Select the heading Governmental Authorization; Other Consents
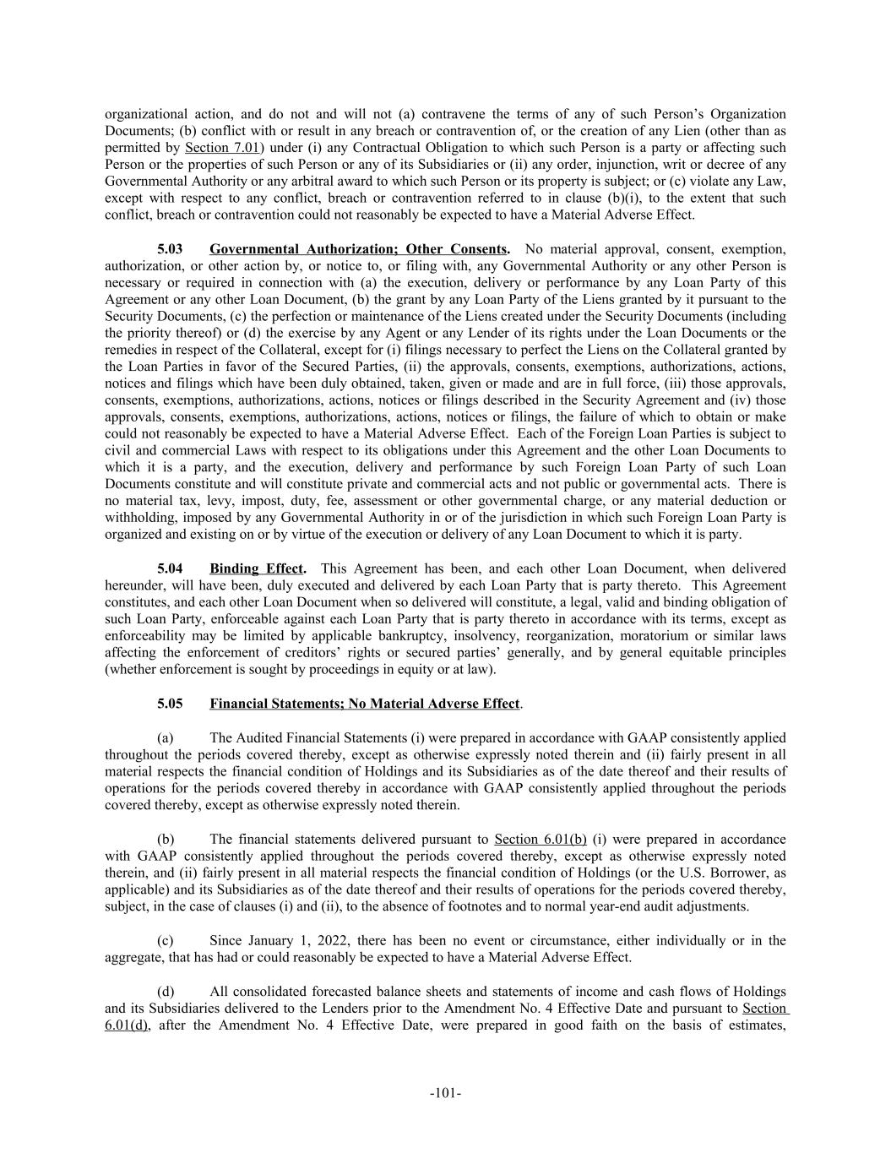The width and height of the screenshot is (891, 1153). point(359,249)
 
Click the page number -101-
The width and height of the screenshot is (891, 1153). point(445,1094)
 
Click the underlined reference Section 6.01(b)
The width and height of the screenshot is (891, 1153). point(540,839)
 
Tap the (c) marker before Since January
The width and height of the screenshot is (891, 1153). point(166,940)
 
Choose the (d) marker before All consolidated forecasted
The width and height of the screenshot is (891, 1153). point(166,992)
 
